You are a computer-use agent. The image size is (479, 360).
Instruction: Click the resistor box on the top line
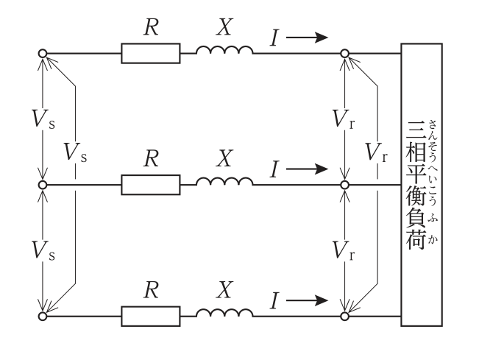click(x=151, y=54)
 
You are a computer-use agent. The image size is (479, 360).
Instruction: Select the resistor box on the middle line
click(x=151, y=185)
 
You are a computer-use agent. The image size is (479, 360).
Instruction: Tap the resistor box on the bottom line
click(x=151, y=317)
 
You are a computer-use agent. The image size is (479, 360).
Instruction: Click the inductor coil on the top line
click(x=224, y=49)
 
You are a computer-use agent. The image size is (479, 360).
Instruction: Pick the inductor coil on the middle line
click(x=224, y=180)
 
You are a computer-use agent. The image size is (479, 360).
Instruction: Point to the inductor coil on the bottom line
click(x=224, y=311)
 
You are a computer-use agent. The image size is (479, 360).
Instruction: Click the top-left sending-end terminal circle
click(x=43, y=54)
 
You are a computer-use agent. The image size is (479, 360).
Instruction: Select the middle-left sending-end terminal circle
click(x=43, y=185)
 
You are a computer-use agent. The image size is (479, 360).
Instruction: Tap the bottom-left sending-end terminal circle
click(x=43, y=317)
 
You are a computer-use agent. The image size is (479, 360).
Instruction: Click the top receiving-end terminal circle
click(x=344, y=54)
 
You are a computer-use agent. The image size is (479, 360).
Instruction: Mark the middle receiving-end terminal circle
click(x=344, y=185)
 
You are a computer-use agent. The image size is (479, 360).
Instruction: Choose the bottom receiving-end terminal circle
click(x=344, y=317)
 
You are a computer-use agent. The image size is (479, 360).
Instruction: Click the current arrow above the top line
click(x=307, y=38)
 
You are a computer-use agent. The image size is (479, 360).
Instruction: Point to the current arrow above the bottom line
click(x=307, y=300)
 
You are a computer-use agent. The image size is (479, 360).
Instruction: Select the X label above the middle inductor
click(x=224, y=158)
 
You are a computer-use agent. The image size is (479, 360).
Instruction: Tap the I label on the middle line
click(x=274, y=169)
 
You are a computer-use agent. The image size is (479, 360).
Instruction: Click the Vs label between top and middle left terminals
click(x=43, y=119)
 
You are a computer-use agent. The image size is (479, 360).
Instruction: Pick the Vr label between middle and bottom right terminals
click(x=344, y=250)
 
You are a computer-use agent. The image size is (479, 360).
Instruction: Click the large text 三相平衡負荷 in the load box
click(x=416, y=185)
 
